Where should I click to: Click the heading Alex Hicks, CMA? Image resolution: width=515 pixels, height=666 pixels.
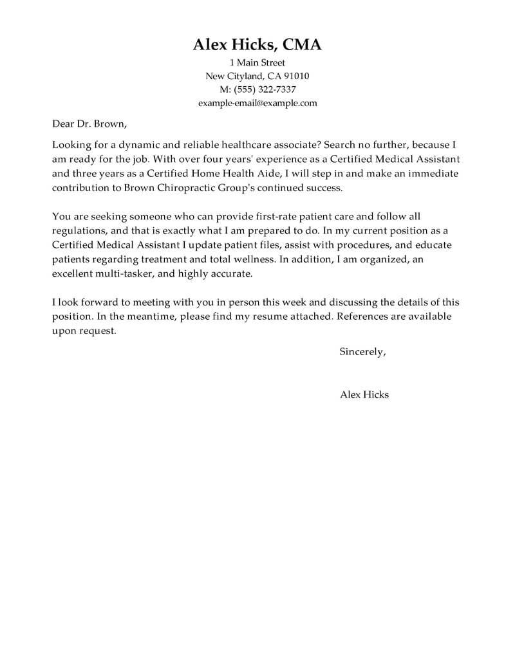[x=257, y=44]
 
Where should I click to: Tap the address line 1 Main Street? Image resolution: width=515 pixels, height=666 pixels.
[x=257, y=63]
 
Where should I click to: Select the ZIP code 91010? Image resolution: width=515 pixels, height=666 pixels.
[x=295, y=76]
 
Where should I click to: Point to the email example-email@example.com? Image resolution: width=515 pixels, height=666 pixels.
[x=257, y=103]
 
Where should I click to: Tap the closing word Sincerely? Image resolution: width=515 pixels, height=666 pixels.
[x=362, y=352]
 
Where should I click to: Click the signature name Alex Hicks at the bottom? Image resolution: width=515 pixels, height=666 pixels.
[x=364, y=394]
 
